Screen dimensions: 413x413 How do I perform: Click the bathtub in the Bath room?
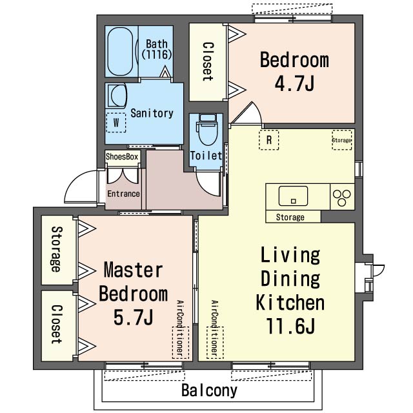[x=121, y=52]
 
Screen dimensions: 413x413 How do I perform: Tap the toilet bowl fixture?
[x=208, y=130]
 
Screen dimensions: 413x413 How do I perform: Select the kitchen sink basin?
[x=293, y=196]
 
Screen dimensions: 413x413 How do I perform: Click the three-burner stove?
[x=342, y=197]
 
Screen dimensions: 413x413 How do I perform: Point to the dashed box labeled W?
[x=116, y=123]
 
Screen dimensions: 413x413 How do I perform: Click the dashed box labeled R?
[x=269, y=140]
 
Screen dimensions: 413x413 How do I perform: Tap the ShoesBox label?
[x=122, y=157]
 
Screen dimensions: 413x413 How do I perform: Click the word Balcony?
[x=209, y=390]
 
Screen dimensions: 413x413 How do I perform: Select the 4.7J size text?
[x=294, y=83]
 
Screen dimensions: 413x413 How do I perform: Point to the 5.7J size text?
[x=134, y=317]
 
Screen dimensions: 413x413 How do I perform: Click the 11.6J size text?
[x=291, y=326]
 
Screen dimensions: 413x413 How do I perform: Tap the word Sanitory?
[x=152, y=114]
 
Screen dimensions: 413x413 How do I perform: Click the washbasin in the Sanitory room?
[x=116, y=96]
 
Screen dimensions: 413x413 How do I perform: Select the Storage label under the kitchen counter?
[x=290, y=217]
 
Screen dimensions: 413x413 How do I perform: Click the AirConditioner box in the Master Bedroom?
[x=181, y=343]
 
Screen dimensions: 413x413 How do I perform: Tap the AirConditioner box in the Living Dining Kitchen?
[x=215, y=343]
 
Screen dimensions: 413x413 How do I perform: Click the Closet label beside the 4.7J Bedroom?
[x=208, y=62]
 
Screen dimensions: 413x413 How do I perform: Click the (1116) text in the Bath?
[x=157, y=54]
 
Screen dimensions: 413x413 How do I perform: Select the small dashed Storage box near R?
[x=342, y=140]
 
